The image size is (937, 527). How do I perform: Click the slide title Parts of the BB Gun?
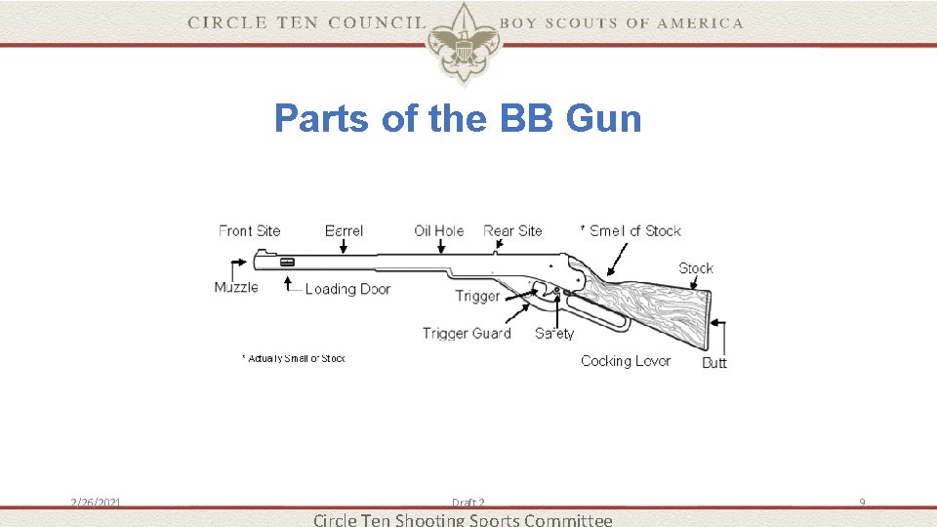point(458,119)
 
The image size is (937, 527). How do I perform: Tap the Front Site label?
point(249,231)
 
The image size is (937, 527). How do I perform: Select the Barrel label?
point(344,231)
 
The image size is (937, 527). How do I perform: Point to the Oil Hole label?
point(438,231)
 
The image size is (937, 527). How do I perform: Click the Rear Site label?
point(512,231)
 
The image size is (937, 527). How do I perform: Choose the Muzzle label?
point(236,287)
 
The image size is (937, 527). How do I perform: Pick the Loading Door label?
point(347,289)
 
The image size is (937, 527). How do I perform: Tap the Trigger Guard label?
point(467,334)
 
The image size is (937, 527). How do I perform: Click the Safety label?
point(554,334)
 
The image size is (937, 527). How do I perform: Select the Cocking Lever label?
point(626,361)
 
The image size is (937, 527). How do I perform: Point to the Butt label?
point(714,363)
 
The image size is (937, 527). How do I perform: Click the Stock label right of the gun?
point(696,268)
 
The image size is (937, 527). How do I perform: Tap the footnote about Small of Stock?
point(294,359)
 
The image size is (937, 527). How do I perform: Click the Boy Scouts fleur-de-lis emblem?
point(462,41)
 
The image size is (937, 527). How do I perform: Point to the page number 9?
point(862,503)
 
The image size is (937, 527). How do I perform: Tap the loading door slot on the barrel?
point(287,262)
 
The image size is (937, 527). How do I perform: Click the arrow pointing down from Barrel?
point(344,248)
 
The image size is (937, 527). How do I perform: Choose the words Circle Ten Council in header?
point(306,22)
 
